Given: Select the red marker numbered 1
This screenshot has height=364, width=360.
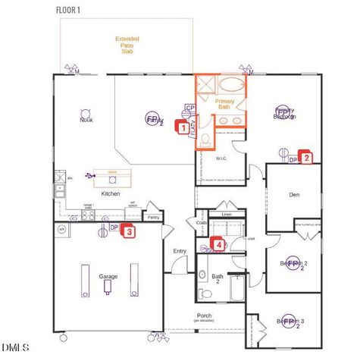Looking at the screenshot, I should click(x=183, y=128).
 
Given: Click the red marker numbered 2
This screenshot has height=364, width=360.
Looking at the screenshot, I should click(x=306, y=158).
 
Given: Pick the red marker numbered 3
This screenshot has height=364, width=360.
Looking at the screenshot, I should click(x=130, y=232).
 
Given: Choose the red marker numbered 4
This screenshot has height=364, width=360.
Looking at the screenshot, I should click(x=219, y=244).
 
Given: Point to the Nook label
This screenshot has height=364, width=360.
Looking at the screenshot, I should click(x=86, y=120).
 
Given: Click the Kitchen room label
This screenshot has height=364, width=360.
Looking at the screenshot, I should click(x=111, y=194).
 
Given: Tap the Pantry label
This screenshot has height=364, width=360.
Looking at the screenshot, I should click(x=153, y=218).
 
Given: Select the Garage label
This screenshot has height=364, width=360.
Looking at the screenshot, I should click(x=108, y=276).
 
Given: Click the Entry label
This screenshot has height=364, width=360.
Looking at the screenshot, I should click(x=180, y=251).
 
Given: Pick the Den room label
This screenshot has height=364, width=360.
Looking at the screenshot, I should click(x=295, y=195).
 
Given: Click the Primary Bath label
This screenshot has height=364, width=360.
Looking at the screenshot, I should click(x=224, y=104).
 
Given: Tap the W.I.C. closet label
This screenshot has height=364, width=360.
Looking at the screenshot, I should click(x=222, y=158).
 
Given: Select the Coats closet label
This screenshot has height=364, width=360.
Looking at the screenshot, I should click(x=202, y=222).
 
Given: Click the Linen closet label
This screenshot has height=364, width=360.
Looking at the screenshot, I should click(x=227, y=215).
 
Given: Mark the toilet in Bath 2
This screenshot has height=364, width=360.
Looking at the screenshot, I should click(x=203, y=293).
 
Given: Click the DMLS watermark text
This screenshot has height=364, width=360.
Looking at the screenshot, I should click(x=15, y=347).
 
